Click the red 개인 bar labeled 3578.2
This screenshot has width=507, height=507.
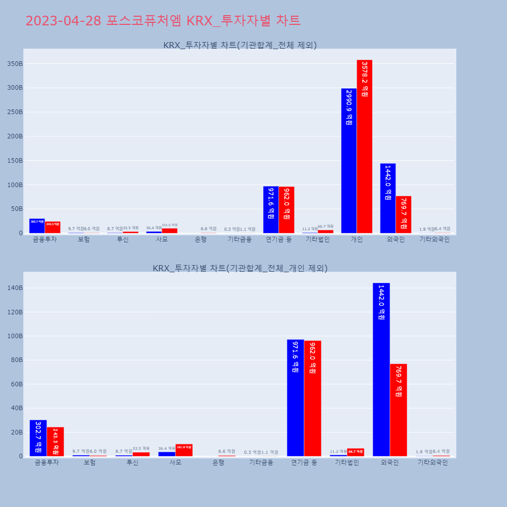(x=365, y=147)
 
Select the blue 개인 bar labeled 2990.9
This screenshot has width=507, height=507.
(x=349, y=161)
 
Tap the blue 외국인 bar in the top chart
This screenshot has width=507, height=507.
(x=388, y=198)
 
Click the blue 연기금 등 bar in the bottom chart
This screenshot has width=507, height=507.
(x=296, y=398)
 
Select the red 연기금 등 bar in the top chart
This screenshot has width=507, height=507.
(x=286, y=210)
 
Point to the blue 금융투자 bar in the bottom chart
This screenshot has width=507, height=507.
(x=38, y=438)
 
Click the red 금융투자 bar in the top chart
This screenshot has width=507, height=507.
(x=53, y=227)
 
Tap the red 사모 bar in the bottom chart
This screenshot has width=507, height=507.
(x=184, y=450)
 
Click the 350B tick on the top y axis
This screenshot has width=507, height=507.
(x=15, y=64)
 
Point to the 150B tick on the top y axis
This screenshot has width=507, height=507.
(x=15, y=161)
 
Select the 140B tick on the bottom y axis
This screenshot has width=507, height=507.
(x=15, y=288)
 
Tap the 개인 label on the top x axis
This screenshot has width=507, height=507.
(x=356, y=240)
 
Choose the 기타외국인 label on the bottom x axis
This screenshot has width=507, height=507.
(x=432, y=463)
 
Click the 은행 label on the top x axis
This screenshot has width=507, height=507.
(x=201, y=240)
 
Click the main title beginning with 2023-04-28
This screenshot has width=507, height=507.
(x=163, y=21)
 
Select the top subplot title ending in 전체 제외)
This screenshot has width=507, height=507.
(x=240, y=45)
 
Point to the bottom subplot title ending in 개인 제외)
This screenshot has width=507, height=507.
(x=240, y=268)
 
